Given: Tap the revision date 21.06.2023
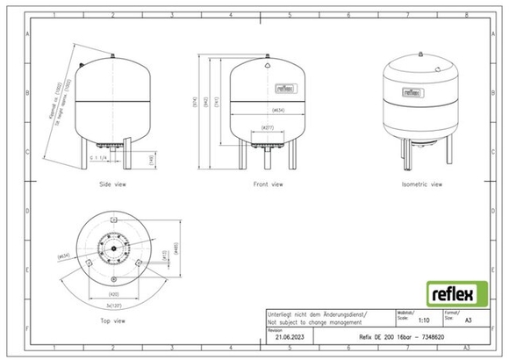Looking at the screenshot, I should (x=289, y=335).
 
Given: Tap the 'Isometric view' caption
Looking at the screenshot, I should (x=421, y=185).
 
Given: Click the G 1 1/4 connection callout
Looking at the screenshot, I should (x=98, y=157).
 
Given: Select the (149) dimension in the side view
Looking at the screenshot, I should (x=152, y=160).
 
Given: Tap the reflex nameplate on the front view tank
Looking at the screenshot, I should (x=283, y=88).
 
